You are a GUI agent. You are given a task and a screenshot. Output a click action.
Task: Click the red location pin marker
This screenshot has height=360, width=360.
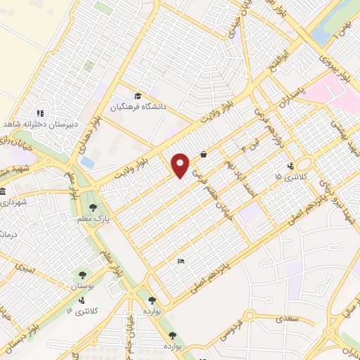(181, 166)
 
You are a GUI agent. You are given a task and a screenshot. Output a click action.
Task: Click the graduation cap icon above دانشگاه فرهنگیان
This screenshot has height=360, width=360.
(138, 96)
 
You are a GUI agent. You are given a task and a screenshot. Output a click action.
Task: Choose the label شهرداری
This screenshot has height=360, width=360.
(13, 202)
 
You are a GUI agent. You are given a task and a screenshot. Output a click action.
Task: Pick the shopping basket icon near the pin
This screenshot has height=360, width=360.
(203, 154)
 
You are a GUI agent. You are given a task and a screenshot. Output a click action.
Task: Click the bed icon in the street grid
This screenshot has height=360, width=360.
(181, 262)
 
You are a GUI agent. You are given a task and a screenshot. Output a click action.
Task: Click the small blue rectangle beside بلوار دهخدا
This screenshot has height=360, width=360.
(87, 162)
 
